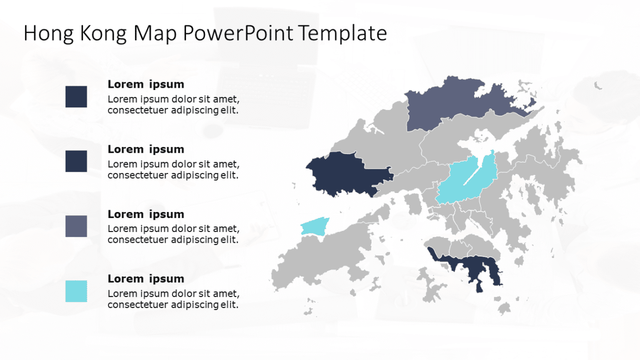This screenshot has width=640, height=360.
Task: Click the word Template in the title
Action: [x=343, y=34]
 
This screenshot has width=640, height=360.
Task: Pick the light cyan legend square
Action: [x=76, y=291]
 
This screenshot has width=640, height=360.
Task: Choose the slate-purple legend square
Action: [x=76, y=226]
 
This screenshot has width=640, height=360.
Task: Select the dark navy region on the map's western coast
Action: [x=342, y=173]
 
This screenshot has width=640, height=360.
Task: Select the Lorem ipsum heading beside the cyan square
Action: [x=146, y=279]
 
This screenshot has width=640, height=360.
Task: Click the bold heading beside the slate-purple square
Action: [x=146, y=214]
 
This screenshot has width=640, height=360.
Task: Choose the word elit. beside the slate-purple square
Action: [x=229, y=240]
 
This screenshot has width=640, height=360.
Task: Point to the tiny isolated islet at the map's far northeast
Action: [x=598, y=86]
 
